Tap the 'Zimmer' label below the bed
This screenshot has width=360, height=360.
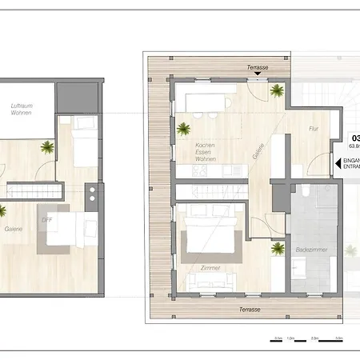click(x=210, y=268)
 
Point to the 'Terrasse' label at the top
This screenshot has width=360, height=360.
click(x=258, y=68)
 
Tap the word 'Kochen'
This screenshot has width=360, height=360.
click(x=206, y=145)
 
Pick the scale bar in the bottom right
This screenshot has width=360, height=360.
click(x=307, y=337)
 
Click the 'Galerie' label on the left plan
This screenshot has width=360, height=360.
click(x=13, y=229)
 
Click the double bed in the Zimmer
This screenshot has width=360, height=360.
click(x=209, y=237)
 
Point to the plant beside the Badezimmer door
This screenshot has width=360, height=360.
click(x=277, y=249)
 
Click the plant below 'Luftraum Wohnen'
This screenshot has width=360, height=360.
click(x=49, y=146)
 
